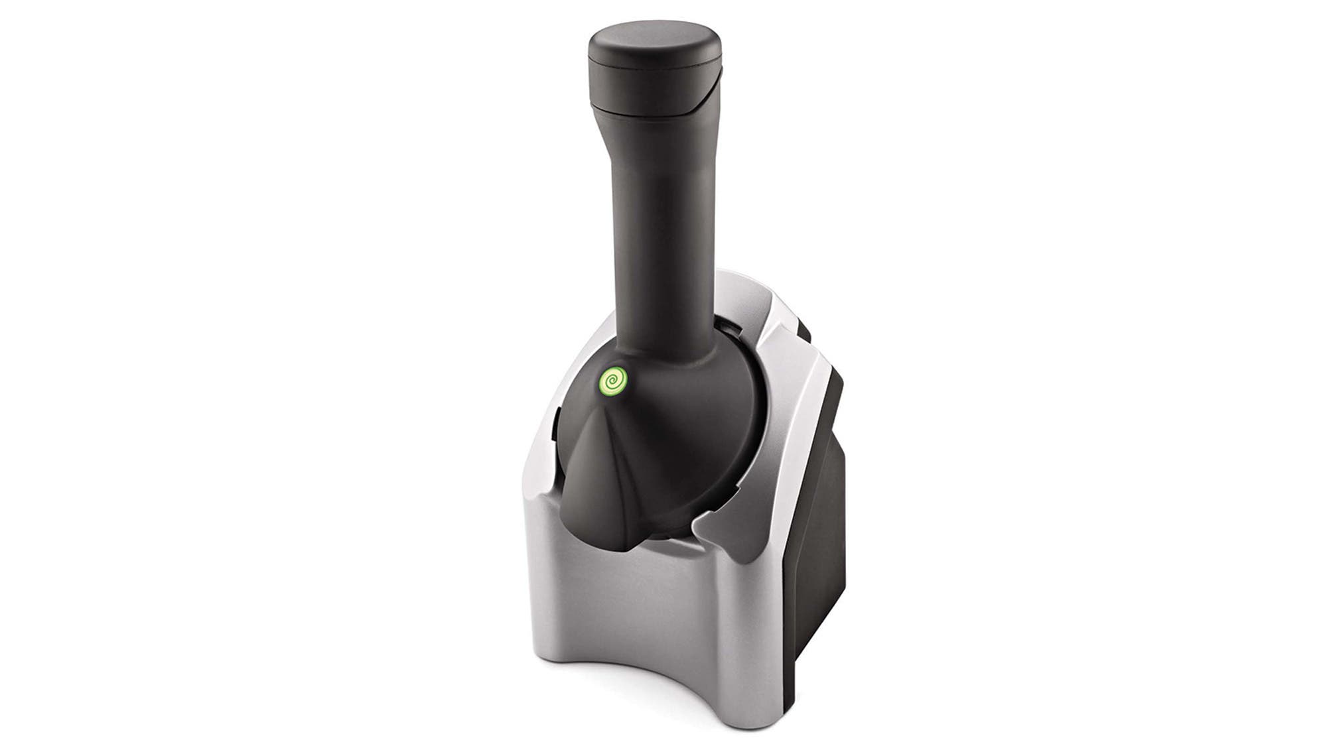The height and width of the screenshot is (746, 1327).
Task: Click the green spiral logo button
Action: coord(613,383)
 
